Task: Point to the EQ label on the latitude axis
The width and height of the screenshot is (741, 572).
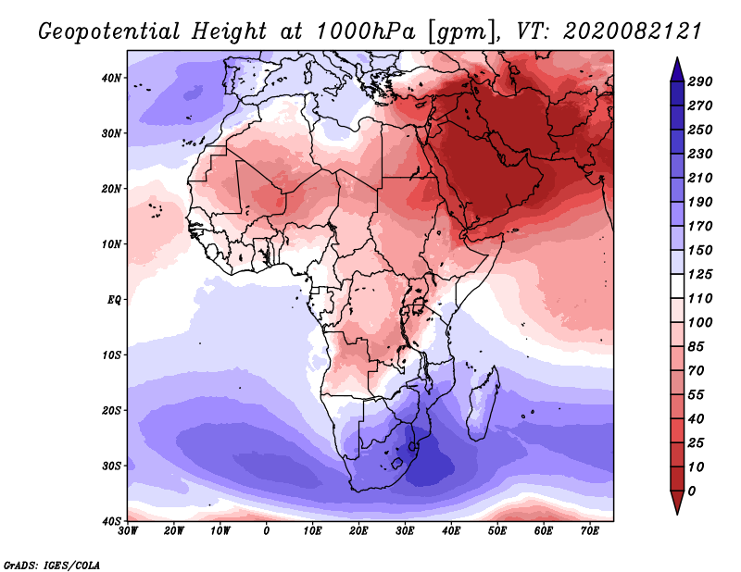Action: [x=114, y=300]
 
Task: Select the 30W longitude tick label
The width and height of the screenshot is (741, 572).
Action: [x=128, y=531]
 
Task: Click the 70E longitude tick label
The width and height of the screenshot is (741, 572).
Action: [x=589, y=531]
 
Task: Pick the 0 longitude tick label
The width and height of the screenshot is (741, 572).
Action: [x=267, y=531]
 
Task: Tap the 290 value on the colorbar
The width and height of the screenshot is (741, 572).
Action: [x=700, y=81]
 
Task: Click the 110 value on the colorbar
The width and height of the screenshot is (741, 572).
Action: [x=700, y=298]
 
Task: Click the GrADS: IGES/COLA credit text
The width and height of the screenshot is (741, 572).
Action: [x=52, y=564]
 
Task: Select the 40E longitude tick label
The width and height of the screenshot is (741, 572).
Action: [x=451, y=531]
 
